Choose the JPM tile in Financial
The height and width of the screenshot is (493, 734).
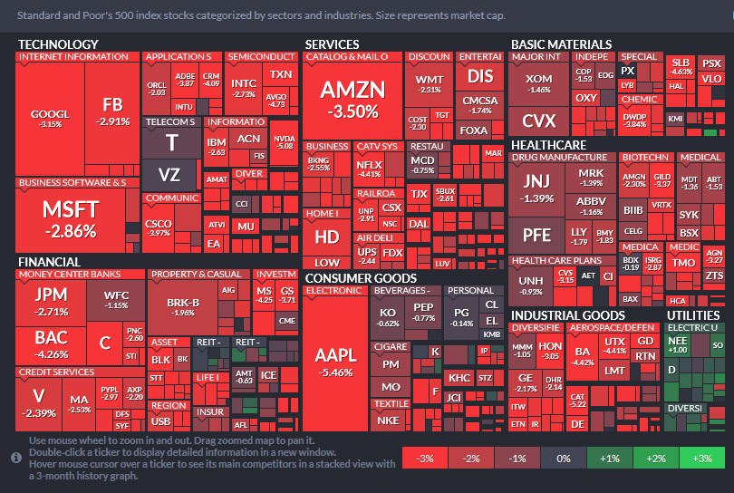[x=51, y=303]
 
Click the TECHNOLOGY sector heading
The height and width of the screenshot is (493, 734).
[x=58, y=43]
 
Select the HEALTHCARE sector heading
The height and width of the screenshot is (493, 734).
[x=548, y=144]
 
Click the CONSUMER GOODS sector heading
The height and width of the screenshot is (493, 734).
[x=361, y=278]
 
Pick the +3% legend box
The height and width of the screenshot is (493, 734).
[x=701, y=459]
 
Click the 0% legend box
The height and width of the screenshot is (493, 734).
[x=563, y=459]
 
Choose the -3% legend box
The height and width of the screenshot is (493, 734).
[x=424, y=459]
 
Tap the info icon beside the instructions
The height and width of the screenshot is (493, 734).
[x=15, y=458]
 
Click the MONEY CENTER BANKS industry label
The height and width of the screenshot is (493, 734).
[x=69, y=274]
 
